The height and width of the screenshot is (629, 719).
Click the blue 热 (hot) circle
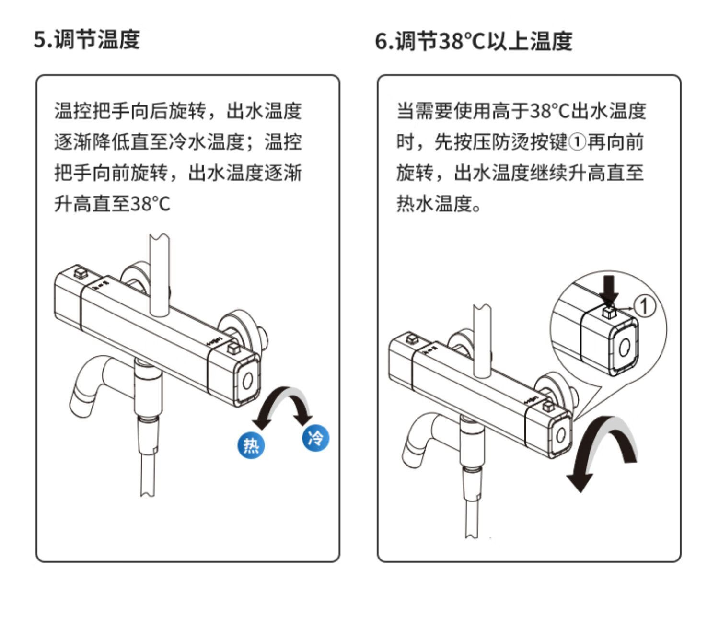pos(251,445)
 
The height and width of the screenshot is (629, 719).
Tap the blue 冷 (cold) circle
pos(315,437)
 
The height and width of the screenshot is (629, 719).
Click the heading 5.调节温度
pos(87,39)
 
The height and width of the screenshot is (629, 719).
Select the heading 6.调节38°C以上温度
pos(474,41)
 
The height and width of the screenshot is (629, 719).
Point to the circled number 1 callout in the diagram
pos(645,305)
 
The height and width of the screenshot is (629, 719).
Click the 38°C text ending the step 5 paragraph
pos(151,204)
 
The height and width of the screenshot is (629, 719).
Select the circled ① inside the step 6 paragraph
pos(578,142)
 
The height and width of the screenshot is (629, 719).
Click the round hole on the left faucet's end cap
pos(247,382)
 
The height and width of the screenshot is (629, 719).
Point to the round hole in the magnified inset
pos(624,347)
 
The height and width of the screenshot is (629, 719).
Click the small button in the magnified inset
pos(609,313)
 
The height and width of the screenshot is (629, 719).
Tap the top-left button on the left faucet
pos(80,273)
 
